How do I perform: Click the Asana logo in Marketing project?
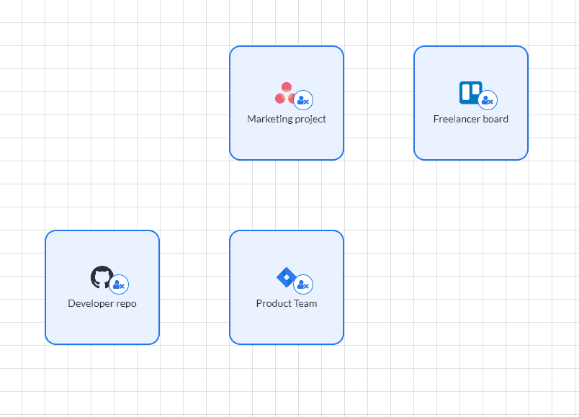pyautogui.click(x=284, y=93)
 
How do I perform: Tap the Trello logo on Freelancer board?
pyautogui.click(x=470, y=93)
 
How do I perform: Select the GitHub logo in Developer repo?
pyautogui.click(x=101, y=277)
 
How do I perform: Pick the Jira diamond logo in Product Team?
pyautogui.click(x=286, y=277)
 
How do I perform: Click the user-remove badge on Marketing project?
pyautogui.click(x=303, y=99)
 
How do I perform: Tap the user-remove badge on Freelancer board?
pyautogui.click(x=488, y=99)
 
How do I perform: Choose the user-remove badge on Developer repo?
pyautogui.click(x=119, y=284)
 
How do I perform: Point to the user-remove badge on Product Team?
pyautogui.click(x=303, y=284)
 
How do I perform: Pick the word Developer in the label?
pyautogui.click(x=91, y=304)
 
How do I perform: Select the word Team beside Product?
pyautogui.click(x=305, y=303)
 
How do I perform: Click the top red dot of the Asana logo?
pyautogui.click(x=287, y=87)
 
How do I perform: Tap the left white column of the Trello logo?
pyautogui.click(x=466, y=92)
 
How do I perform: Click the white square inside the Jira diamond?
pyautogui.click(x=287, y=277)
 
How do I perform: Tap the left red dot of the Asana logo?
pyautogui.click(x=280, y=99)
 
